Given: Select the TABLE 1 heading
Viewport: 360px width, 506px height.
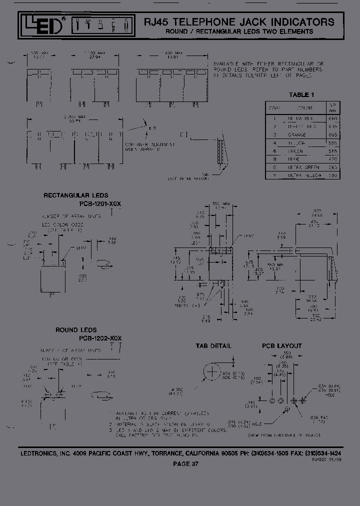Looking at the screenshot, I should pos(302,94).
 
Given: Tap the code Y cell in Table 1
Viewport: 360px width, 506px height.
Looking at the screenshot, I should pos(274,175).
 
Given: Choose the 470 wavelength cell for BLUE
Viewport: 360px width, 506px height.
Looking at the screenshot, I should pos(333,159).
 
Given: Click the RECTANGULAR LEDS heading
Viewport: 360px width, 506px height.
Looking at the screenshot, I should pos(75,195).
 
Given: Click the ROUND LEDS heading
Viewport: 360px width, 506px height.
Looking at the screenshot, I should pos(76,330).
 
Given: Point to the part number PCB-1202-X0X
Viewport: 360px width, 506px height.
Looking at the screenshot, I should pos(95,338).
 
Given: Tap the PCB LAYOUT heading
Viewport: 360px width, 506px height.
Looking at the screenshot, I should pos(282,346).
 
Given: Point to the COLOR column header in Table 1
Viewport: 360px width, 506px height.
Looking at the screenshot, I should pos(305,107).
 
